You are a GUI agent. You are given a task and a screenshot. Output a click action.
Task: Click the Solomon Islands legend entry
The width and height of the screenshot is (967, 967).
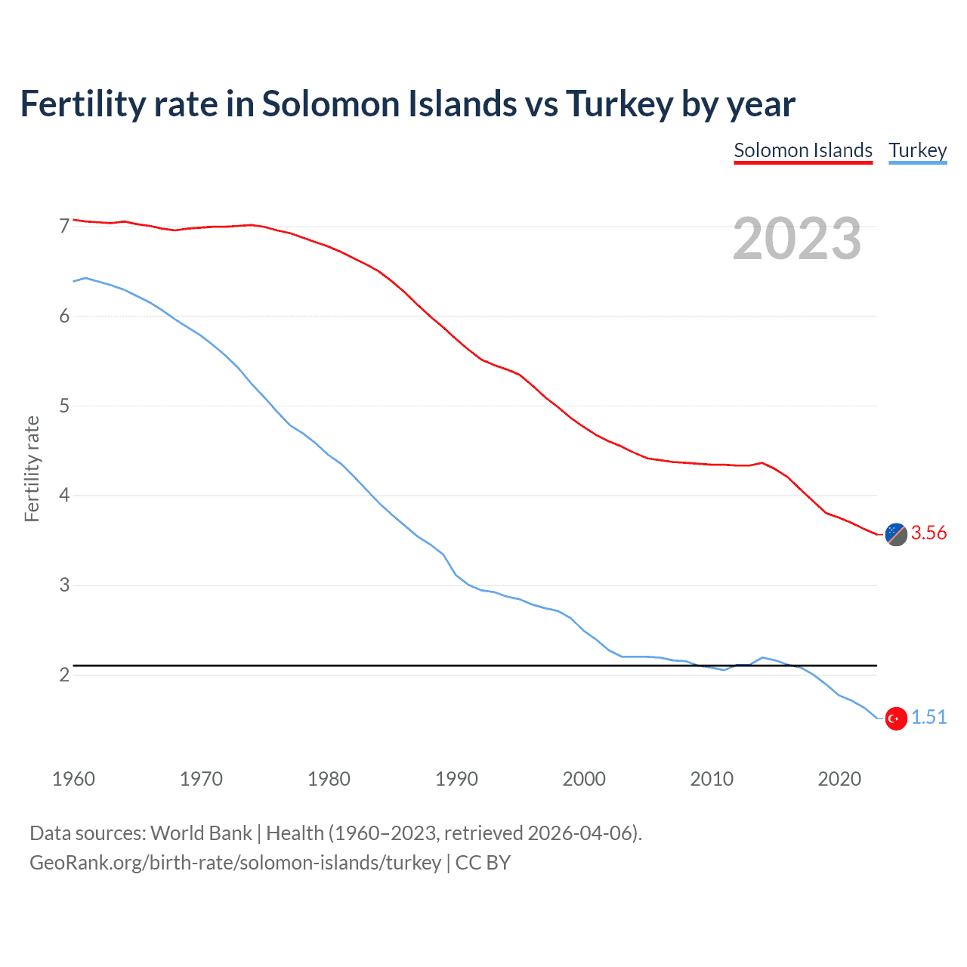(x=803, y=150)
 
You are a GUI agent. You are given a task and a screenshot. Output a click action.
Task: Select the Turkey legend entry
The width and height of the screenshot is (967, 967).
(x=917, y=150)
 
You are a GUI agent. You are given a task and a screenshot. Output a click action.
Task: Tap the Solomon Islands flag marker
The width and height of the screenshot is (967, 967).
(x=896, y=533)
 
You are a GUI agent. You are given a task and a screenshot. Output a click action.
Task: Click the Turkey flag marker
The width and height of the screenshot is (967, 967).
(x=896, y=718)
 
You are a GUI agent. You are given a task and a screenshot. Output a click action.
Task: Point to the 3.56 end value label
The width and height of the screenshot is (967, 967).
(x=928, y=533)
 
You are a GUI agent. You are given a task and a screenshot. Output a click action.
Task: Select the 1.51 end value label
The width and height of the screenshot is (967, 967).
(x=928, y=717)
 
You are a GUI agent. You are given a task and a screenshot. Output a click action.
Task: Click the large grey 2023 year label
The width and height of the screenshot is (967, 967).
(x=797, y=239)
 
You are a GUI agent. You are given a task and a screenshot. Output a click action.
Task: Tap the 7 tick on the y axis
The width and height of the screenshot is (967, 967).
(x=64, y=226)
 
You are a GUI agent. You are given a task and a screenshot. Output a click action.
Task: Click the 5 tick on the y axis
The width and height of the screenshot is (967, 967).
(x=64, y=406)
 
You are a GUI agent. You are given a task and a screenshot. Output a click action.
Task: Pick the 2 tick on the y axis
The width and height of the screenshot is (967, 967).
(x=64, y=675)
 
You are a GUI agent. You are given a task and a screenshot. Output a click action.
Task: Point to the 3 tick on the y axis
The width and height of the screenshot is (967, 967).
(x=64, y=585)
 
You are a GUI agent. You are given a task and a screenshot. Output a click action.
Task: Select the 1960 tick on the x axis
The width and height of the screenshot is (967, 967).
(x=73, y=779)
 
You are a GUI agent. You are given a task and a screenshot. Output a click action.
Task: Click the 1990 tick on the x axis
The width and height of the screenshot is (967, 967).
(x=456, y=779)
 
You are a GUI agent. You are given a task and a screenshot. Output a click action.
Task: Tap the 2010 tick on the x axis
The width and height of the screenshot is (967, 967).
(x=712, y=779)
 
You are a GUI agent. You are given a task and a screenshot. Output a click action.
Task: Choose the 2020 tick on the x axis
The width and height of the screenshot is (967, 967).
(x=839, y=779)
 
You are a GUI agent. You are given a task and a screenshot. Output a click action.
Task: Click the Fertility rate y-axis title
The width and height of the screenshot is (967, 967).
(x=32, y=468)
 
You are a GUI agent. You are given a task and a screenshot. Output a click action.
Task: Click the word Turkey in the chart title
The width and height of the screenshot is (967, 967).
(x=619, y=104)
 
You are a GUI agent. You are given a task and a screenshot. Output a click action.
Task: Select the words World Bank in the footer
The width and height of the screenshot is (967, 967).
(x=201, y=833)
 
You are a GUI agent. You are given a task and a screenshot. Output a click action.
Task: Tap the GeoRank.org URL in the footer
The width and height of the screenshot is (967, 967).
(x=235, y=862)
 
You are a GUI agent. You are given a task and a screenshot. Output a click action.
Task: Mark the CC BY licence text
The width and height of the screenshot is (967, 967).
(x=483, y=862)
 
